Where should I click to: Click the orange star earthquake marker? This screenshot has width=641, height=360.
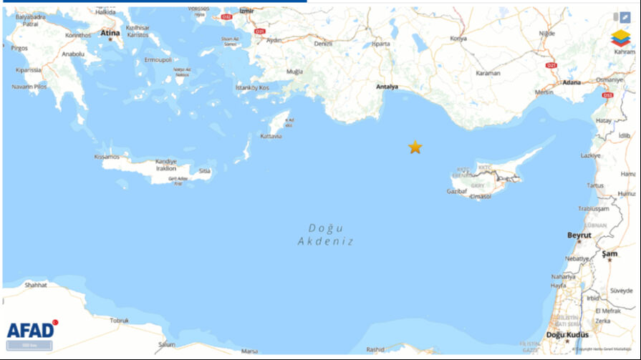pos(415,147)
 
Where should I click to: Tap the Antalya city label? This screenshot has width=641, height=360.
pos(387,87)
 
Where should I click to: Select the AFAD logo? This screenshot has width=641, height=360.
pos(30,330)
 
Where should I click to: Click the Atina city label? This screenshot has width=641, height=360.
pos(110,33)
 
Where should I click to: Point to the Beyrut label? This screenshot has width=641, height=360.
pos(579,235)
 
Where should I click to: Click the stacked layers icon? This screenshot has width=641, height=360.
pos(620,38)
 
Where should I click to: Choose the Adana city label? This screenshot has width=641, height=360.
pos(572,82)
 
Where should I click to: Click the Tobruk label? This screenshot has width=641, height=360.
pos(119,321)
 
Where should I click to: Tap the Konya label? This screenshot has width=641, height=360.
pos(458,38)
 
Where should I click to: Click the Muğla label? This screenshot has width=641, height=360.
pos(294,72)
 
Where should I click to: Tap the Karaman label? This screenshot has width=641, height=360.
pos(488,74)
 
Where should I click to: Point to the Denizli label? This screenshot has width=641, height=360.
pos(324,43)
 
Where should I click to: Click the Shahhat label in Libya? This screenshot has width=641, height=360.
pos(35,284)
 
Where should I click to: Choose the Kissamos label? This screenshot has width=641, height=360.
pos(107,156)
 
